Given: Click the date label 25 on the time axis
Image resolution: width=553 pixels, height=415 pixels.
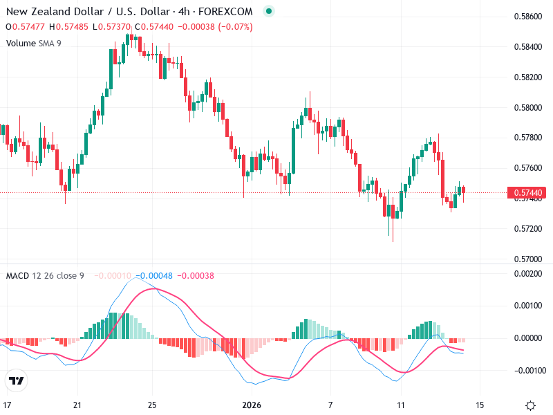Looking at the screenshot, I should coord(153,405).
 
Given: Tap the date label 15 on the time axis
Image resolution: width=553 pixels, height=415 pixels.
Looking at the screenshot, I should coord(480,405).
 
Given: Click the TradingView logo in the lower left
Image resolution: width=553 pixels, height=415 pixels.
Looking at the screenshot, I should coord(16,380).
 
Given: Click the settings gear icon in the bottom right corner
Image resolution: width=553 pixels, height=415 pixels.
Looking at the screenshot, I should coord(531,405).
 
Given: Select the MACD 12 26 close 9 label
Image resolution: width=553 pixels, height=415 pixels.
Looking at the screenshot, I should coord(45,276).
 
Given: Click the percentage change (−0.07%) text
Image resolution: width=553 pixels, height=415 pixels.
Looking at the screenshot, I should coord(235,27).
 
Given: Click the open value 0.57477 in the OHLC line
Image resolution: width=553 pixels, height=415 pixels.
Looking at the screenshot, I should coord(30,27).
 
